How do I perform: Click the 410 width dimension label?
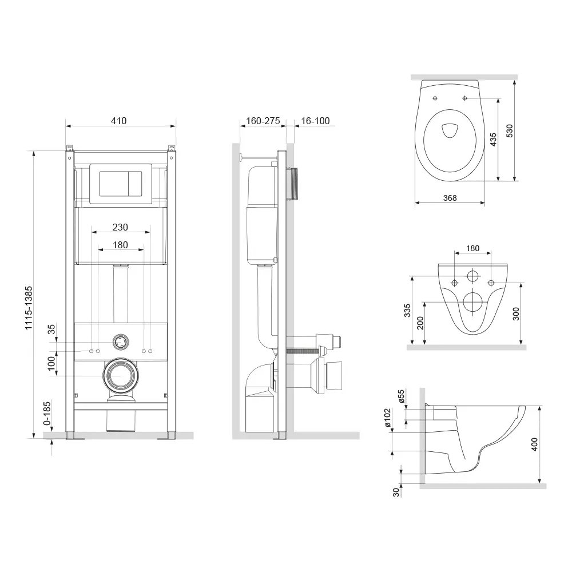118,121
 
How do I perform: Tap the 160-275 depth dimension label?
263,121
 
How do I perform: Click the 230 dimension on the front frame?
120,227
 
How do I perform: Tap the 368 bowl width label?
450,198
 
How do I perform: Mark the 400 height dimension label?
534,444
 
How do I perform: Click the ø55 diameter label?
402,398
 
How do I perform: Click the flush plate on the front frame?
121,182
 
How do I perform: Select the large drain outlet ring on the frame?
120,375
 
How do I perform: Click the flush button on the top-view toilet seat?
450,131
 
